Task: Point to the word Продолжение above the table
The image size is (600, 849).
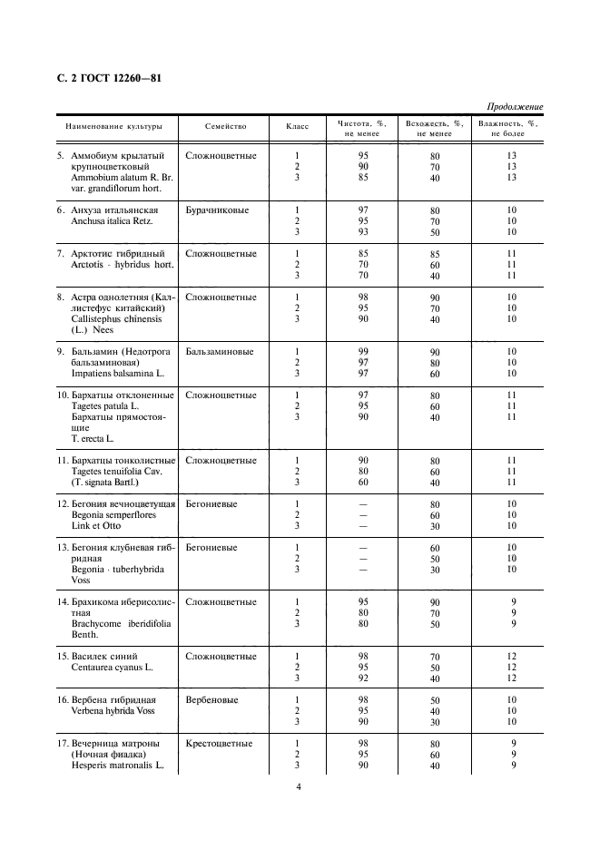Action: click(515, 107)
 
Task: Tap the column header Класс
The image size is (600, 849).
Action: click(297, 127)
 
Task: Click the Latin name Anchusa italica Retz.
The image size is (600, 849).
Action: click(113, 221)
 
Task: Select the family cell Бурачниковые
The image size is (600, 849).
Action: click(219, 210)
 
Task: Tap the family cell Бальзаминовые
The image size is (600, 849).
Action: click(219, 351)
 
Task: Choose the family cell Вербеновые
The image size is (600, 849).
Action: click(211, 700)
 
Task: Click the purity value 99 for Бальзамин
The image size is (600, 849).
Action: click(363, 351)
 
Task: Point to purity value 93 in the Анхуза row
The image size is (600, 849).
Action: click(363, 232)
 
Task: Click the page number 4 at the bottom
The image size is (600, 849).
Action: click(298, 786)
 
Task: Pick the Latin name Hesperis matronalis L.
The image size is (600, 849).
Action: click(116, 766)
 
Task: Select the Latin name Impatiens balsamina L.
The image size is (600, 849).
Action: click(117, 373)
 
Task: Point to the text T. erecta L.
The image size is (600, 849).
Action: click(92, 438)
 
